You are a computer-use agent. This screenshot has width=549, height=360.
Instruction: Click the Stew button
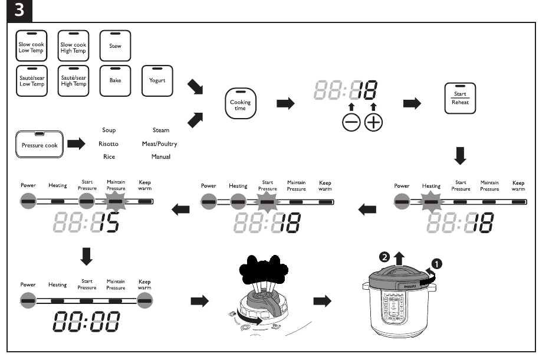pyautogui.click(x=116, y=45)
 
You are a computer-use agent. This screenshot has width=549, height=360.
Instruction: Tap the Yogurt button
pyautogui.click(x=157, y=81)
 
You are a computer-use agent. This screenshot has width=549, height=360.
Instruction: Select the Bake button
pyautogui.click(x=116, y=81)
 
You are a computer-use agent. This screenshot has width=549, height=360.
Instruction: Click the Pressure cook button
pyautogui.click(x=40, y=144)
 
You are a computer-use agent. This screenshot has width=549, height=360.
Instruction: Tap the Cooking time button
pyautogui.click(x=240, y=104)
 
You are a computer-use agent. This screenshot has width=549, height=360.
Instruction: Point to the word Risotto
pyautogui.click(x=109, y=143)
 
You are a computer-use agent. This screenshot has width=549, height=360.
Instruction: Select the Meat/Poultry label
pyautogui.click(x=159, y=143)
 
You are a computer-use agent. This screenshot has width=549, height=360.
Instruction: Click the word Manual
pyautogui.click(x=160, y=156)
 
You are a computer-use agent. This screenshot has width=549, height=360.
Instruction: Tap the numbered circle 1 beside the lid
pyautogui.click(x=438, y=263)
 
